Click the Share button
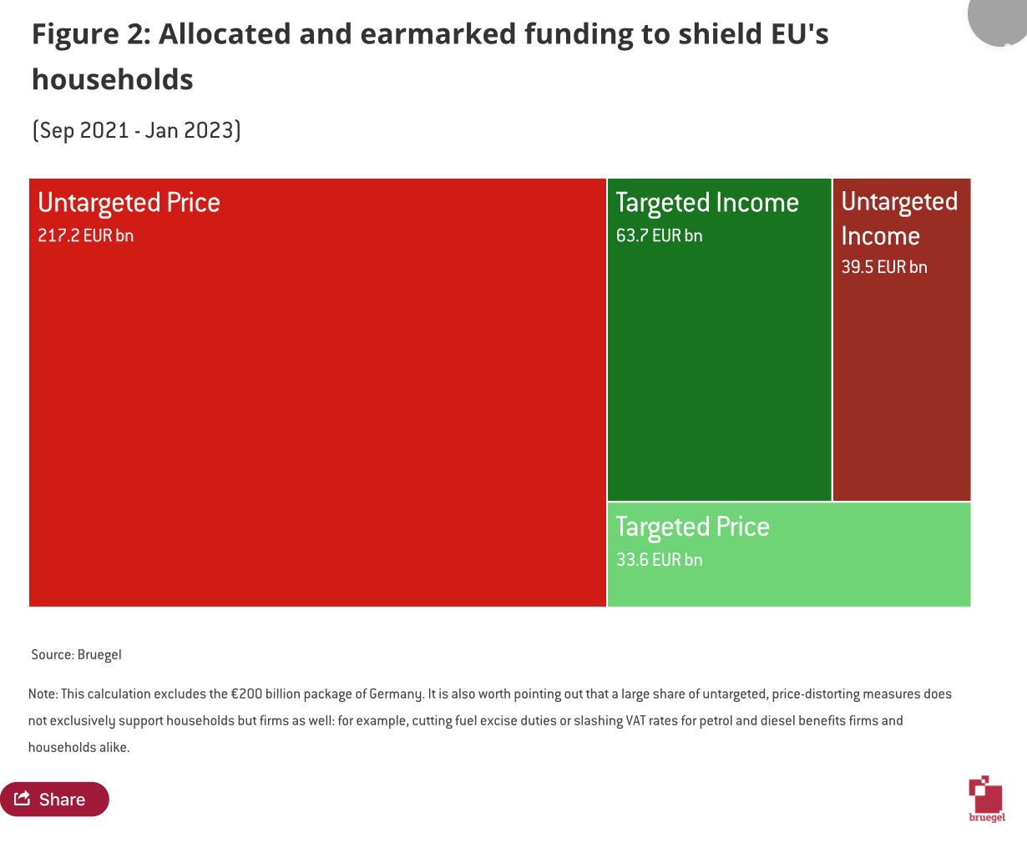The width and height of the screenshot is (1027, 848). pyautogui.click(x=54, y=800)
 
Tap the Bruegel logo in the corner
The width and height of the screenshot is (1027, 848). pyautogui.click(x=987, y=800)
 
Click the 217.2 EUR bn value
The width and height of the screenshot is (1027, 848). pyautogui.click(x=85, y=235)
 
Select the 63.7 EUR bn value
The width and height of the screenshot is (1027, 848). pyautogui.click(x=659, y=235)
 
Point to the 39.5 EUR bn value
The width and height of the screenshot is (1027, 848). pyautogui.click(x=884, y=267)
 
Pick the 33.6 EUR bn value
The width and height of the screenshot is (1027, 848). pyautogui.click(x=659, y=560)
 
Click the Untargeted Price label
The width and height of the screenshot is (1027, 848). pyautogui.click(x=129, y=203)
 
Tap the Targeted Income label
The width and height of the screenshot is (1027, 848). pyautogui.click(x=707, y=203)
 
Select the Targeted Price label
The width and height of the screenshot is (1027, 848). pyautogui.click(x=692, y=527)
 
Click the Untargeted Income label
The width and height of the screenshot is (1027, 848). pyautogui.click(x=899, y=219)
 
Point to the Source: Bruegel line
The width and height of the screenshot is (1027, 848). pyautogui.click(x=76, y=655)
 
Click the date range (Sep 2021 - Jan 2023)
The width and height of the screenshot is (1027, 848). pyautogui.click(x=136, y=131)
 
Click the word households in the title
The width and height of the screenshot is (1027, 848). pyautogui.click(x=113, y=79)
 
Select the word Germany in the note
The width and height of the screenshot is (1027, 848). pyautogui.click(x=397, y=694)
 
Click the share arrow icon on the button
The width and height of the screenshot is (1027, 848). pyautogui.click(x=23, y=799)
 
